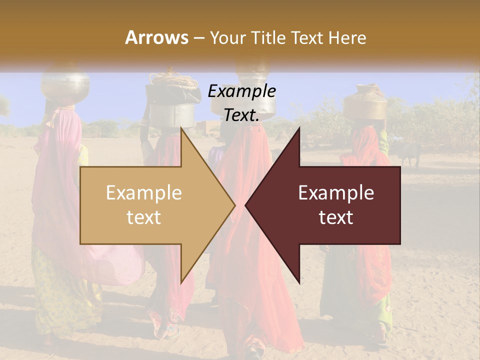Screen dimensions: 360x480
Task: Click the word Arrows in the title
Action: (x=156, y=37)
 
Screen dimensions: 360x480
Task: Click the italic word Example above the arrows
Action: (x=241, y=91)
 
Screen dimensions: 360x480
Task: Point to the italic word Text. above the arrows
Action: (x=241, y=115)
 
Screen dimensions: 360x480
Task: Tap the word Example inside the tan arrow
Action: (x=144, y=192)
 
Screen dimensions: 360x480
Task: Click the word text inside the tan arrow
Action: (x=144, y=217)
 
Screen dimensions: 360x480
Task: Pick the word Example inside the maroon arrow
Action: (x=336, y=192)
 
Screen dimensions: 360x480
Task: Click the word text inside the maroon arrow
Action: (x=336, y=217)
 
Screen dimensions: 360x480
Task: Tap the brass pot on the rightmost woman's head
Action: (x=365, y=102)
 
